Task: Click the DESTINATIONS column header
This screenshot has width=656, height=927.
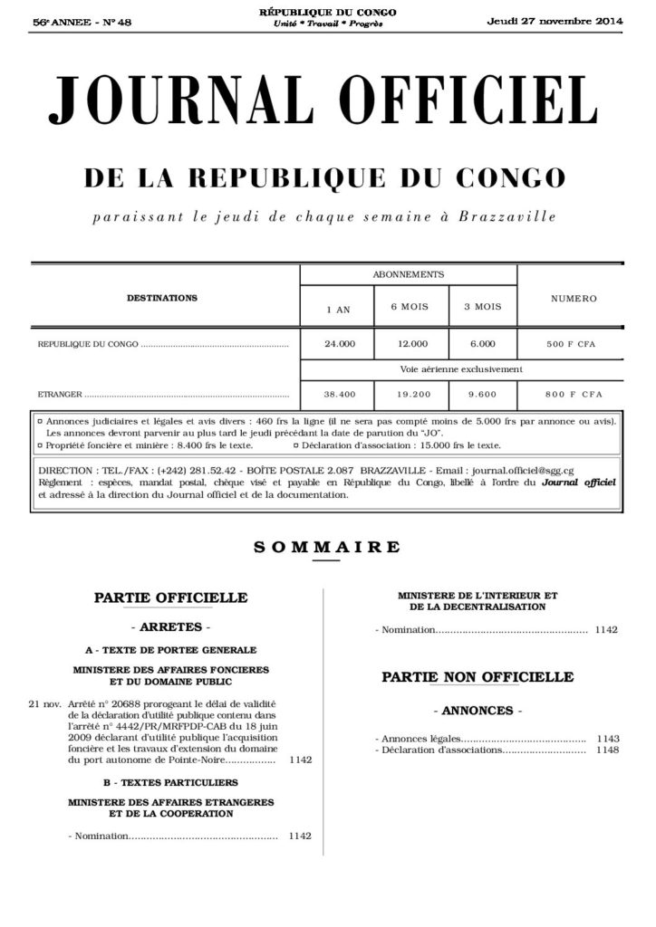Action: pos(162,297)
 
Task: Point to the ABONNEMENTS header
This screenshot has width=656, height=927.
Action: pos(408,273)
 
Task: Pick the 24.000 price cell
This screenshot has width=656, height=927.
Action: pos(340,344)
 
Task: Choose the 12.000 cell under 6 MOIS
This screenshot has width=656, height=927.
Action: pos(412,344)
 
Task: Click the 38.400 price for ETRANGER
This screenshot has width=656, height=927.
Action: pos(340,395)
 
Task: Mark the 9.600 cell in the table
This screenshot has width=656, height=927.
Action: pos(483,395)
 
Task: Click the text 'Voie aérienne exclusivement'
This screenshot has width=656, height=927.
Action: pos(461,369)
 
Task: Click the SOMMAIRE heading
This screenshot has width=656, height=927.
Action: pos(327,546)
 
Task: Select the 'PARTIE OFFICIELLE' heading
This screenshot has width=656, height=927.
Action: pos(170,597)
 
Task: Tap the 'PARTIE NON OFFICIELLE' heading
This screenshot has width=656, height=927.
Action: pos(478,677)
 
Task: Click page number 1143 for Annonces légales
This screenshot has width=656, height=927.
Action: pos(608,739)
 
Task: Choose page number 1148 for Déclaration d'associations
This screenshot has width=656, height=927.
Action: pos(608,750)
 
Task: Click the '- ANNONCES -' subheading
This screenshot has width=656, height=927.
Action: pos(477,711)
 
